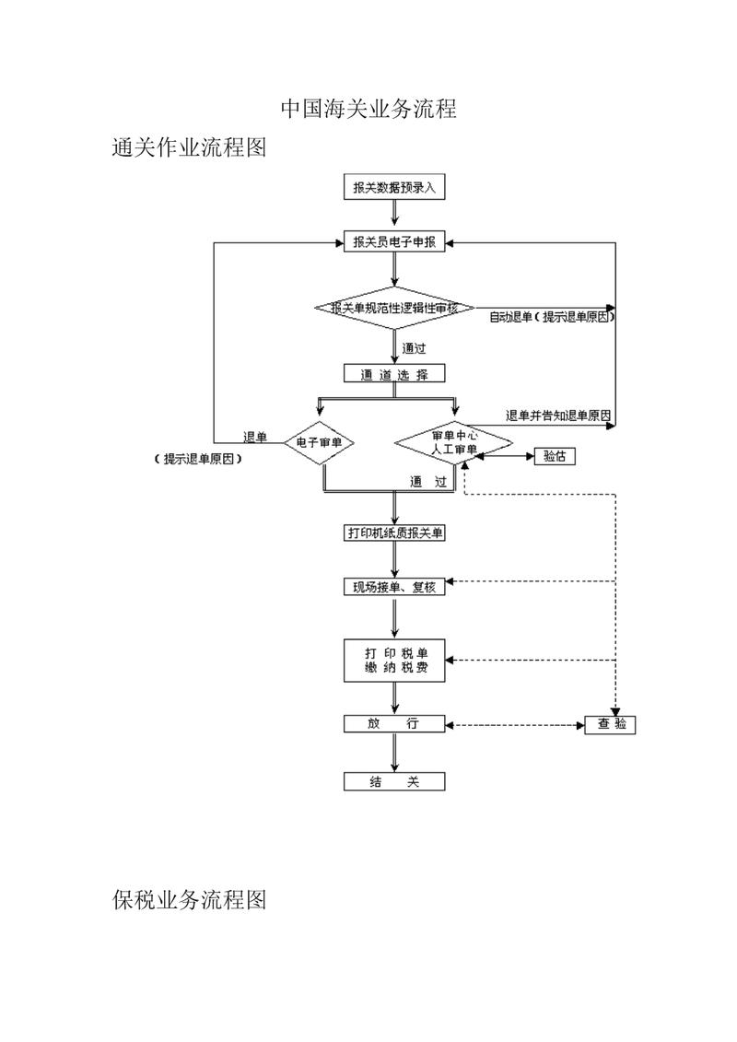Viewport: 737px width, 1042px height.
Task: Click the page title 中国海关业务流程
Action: coord(368,109)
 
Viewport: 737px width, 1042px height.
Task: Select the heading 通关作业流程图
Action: coord(190,146)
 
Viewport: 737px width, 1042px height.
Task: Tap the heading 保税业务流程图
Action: coord(190,900)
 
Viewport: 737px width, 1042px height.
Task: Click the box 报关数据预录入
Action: coord(394,187)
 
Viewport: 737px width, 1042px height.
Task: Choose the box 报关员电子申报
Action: coord(394,242)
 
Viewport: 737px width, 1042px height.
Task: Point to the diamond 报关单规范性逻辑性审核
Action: coord(394,308)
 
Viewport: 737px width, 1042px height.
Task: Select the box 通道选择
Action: coord(394,373)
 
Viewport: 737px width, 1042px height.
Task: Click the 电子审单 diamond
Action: coord(319,442)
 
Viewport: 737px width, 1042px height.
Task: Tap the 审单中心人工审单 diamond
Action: coord(454,442)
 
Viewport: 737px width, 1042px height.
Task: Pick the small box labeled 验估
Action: coord(555,457)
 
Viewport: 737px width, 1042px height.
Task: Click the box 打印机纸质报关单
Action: coord(394,533)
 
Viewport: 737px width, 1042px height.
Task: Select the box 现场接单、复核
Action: coord(394,587)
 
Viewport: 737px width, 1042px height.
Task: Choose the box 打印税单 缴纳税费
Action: coord(394,661)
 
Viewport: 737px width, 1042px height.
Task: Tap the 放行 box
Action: coord(394,723)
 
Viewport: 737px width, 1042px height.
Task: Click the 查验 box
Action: coord(610,724)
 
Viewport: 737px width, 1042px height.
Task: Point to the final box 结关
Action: coord(394,781)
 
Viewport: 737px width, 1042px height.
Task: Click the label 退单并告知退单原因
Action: coord(558,416)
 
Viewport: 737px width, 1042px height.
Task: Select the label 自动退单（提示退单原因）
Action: coord(552,318)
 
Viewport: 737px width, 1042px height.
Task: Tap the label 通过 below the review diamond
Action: coord(414,348)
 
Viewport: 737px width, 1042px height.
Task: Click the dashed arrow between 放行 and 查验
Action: coord(515,724)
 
